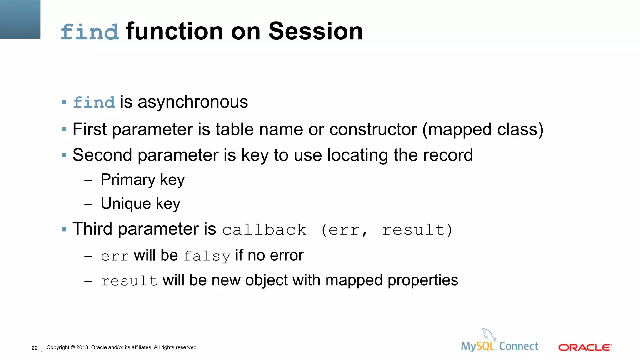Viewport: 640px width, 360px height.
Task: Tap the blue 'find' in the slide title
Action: click(90, 32)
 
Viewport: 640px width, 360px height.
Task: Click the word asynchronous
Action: click(193, 102)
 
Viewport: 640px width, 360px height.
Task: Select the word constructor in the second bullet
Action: click(373, 129)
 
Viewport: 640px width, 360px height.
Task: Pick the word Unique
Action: click(126, 204)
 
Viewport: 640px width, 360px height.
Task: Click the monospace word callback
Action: click(264, 230)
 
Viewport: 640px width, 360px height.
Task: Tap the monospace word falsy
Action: click(207, 256)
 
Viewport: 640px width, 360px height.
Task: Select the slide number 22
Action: click(34, 348)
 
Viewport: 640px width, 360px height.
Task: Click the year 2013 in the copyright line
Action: click(82, 347)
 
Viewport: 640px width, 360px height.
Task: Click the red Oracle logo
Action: click(585, 347)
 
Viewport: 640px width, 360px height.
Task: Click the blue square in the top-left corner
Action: click(20, 19)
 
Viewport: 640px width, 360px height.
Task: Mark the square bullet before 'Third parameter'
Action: click(64, 229)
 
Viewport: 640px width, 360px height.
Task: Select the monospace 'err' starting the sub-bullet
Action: click(115, 257)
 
